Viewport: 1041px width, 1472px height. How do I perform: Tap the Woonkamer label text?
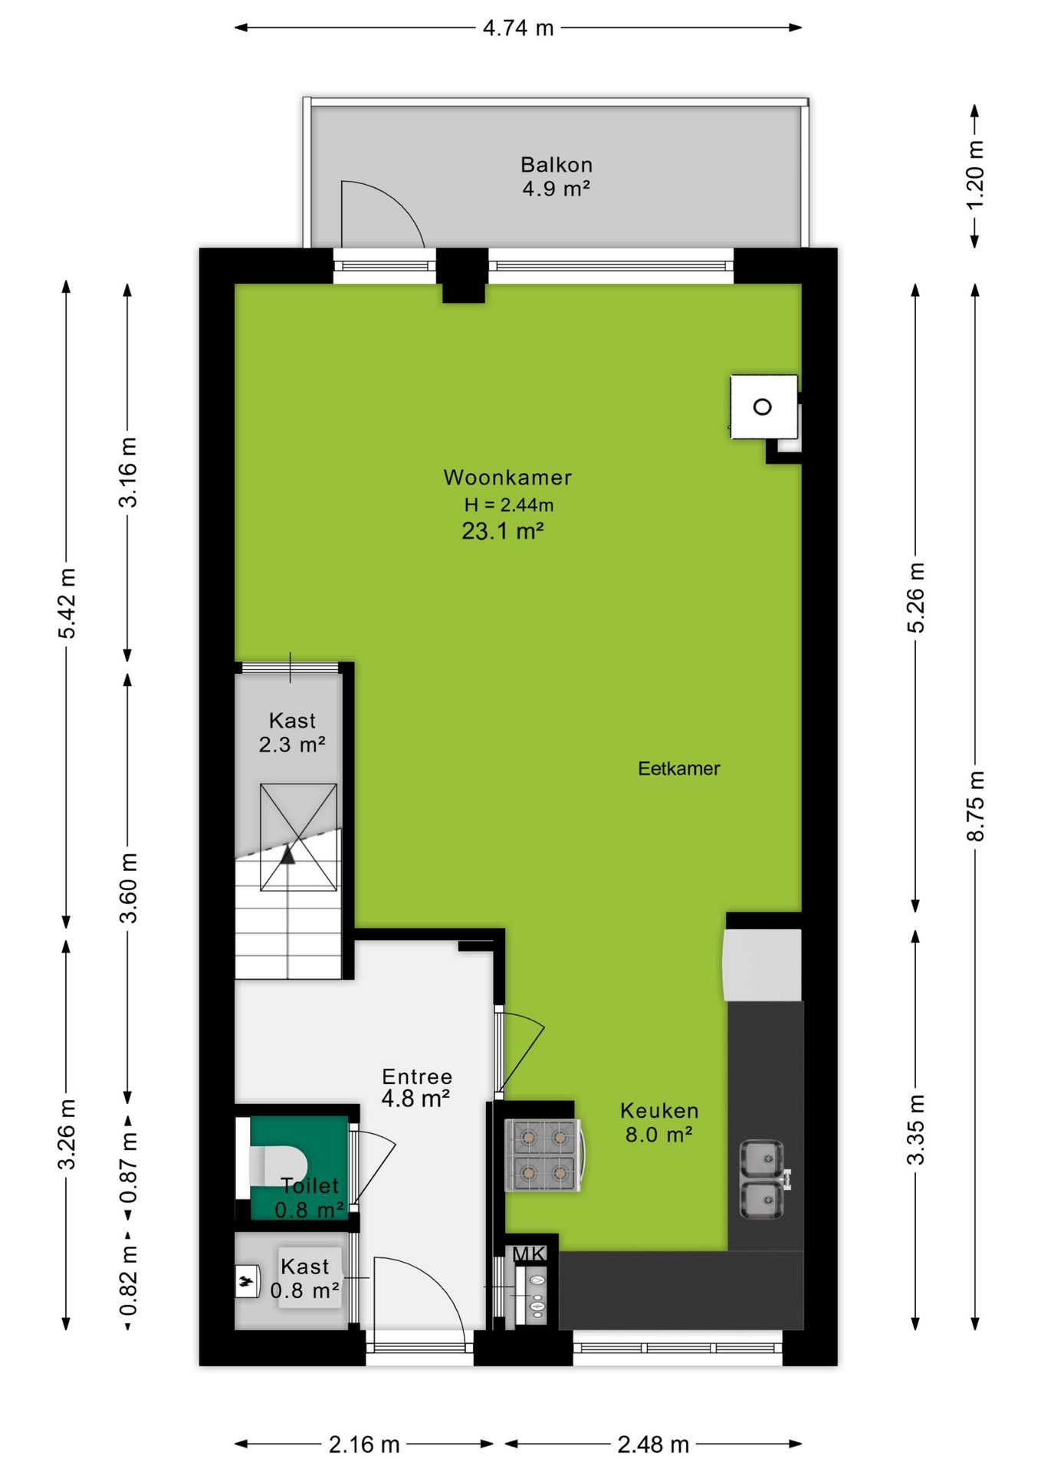tap(507, 478)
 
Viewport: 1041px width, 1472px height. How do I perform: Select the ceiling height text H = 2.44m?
tap(509, 504)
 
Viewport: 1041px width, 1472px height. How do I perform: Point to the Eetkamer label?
tap(679, 768)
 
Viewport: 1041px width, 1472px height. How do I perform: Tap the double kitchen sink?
tap(764, 1179)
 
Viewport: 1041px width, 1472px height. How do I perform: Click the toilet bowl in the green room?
tap(277, 1165)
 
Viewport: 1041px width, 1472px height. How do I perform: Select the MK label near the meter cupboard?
tap(529, 1254)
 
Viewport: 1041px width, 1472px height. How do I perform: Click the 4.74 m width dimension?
tap(518, 28)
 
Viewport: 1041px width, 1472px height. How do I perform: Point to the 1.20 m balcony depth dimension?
tap(974, 175)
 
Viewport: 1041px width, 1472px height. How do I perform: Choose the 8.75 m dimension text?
tap(974, 807)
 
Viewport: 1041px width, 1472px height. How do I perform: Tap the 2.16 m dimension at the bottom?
tap(364, 1444)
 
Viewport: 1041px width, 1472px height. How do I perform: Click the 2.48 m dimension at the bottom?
tap(653, 1444)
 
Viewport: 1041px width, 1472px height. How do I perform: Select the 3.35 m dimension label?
tap(916, 1130)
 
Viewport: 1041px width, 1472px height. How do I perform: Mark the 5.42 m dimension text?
tap(67, 603)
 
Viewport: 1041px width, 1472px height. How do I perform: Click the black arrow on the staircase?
tap(287, 854)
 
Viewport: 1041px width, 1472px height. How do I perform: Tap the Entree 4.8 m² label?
tap(416, 1087)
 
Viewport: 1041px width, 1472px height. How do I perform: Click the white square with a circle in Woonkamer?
tap(764, 407)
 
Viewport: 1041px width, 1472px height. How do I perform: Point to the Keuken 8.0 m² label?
tap(659, 1122)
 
